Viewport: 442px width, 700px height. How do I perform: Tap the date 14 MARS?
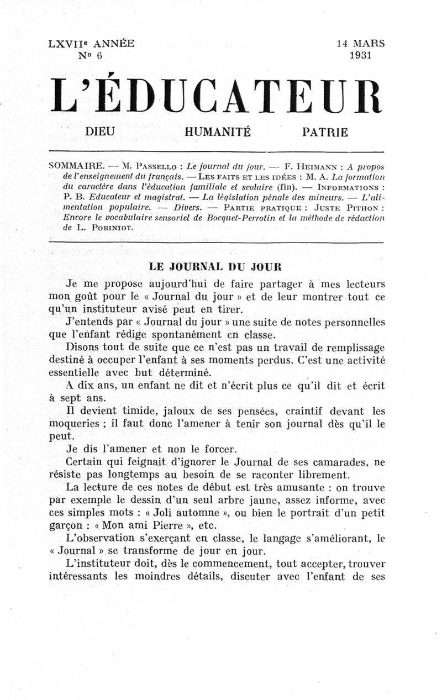[x=360, y=44]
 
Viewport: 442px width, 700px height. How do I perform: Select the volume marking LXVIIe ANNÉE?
[x=91, y=44]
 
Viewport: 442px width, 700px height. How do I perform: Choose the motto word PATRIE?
[x=325, y=132]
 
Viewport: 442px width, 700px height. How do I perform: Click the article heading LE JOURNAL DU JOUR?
[x=216, y=266]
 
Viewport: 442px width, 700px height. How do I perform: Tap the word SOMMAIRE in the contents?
[x=73, y=166]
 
